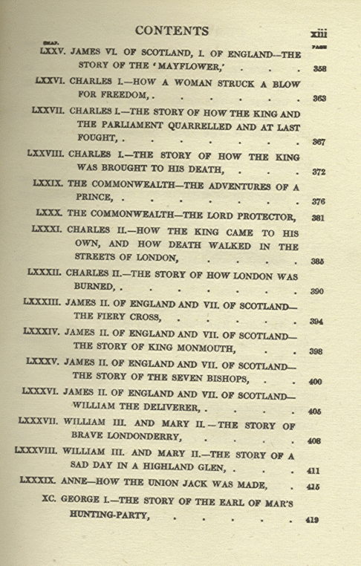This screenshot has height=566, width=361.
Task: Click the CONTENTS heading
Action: [172, 30]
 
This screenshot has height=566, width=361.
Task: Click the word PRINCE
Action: [102, 199]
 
